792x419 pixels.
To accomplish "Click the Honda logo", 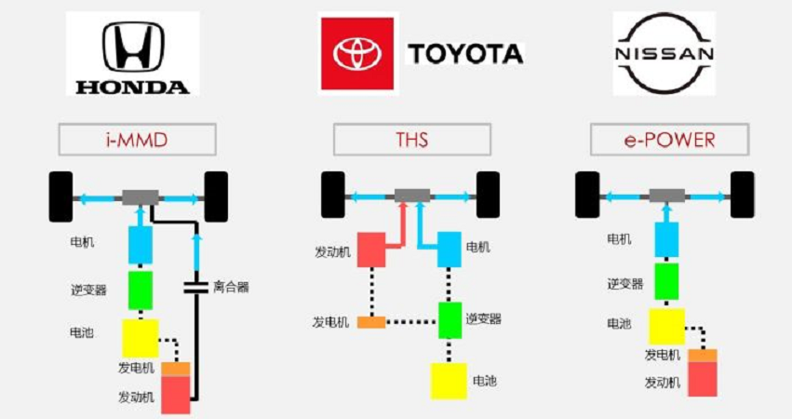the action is pyautogui.click(x=133, y=54).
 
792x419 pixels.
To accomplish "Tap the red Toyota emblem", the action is pyautogui.click(x=357, y=54).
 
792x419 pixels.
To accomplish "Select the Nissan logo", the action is pyautogui.click(x=664, y=54).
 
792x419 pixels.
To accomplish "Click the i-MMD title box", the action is pyautogui.click(x=138, y=140).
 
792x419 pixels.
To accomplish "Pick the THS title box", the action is pyautogui.click(x=411, y=140).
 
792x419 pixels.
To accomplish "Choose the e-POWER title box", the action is pyautogui.click(x=669, y=140).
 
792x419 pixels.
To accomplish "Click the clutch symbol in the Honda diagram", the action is pyautogui.click(x=195, y=288).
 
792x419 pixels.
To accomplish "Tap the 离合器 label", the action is pyautogui.click(x=231, y=287).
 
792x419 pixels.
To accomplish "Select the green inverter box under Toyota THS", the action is pyautogui.click(x=450, y=320).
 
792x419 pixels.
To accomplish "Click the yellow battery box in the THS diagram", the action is pyautogui.click(x=449, y=381).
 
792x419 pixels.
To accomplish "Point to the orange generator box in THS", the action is pyautogui.click(x=371, y=322).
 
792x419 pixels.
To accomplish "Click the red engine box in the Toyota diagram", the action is pyautogui.click(x=371, y=250).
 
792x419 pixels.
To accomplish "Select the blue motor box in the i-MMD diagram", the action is pyautogui.click(x=141, y=245).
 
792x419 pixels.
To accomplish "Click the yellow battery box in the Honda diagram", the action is pyautogui.click(x=141, y=338).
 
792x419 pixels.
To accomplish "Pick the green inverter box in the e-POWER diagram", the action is pyautogui.click(x=666, y=281).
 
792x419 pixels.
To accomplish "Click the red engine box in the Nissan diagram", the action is pyautogui.click(x=703, y=379).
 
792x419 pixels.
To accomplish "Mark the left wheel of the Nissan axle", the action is pyautogui.click(x=587, y=196).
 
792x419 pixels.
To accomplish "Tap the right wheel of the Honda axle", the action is pyautogui.click(x=216, y=196).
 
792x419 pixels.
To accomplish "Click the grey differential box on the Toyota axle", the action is pyautogui.click(x=412, y=196).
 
